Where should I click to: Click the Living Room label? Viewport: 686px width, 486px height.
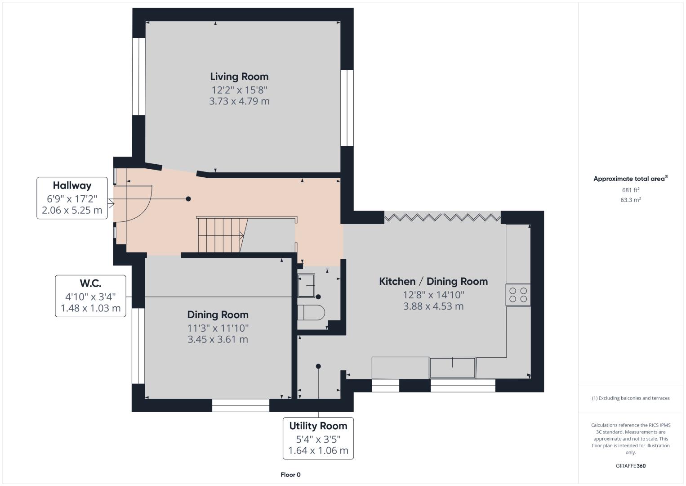(239, 76)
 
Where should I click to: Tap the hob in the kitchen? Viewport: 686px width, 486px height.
(518, 295)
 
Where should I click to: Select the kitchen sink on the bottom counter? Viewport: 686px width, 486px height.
(453, 368)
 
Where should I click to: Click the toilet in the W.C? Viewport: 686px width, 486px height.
(311, 312)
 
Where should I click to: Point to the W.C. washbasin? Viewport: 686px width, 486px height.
(306, 285)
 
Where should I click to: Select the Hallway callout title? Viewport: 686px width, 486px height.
(72, 185)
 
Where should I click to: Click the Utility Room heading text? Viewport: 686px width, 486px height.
(318, 426)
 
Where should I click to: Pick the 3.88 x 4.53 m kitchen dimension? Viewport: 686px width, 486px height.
(433, 306)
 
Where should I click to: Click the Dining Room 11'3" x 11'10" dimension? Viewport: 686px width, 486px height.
(218, 328)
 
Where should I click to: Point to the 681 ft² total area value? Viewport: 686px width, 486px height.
(631, 190)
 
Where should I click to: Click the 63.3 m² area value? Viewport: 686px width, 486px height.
(631, 200)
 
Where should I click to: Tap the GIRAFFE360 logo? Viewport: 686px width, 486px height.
(631, 466)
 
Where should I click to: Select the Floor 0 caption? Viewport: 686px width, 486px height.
(290, 475)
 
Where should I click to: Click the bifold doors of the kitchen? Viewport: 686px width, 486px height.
(442, 217)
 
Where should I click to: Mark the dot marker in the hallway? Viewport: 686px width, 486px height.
(188, 199)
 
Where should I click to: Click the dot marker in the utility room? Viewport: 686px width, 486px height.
(318, 366)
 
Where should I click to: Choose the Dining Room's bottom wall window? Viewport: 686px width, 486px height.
(241, 405)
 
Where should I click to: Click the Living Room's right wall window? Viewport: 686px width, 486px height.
(347, 108)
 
